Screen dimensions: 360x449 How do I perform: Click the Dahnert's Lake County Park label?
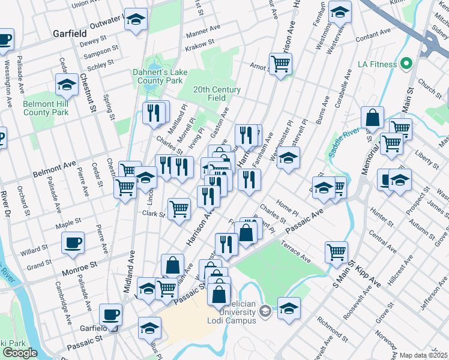(160, 76)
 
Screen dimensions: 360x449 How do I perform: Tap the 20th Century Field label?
(217, 94)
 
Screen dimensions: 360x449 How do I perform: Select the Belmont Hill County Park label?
(46, 108)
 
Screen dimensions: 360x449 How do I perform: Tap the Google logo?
(20, 353)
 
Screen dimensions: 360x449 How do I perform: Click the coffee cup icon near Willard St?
(73, 242)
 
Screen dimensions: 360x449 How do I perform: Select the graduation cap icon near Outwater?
(136, 19)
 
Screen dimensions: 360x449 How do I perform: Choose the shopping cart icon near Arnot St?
(280, 62)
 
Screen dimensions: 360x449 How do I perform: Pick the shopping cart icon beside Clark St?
(179, 209)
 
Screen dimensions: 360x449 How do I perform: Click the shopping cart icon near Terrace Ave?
(337, 250)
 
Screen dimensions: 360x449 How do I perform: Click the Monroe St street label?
(82, 265)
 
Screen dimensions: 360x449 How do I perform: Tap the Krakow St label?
(200, 43)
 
